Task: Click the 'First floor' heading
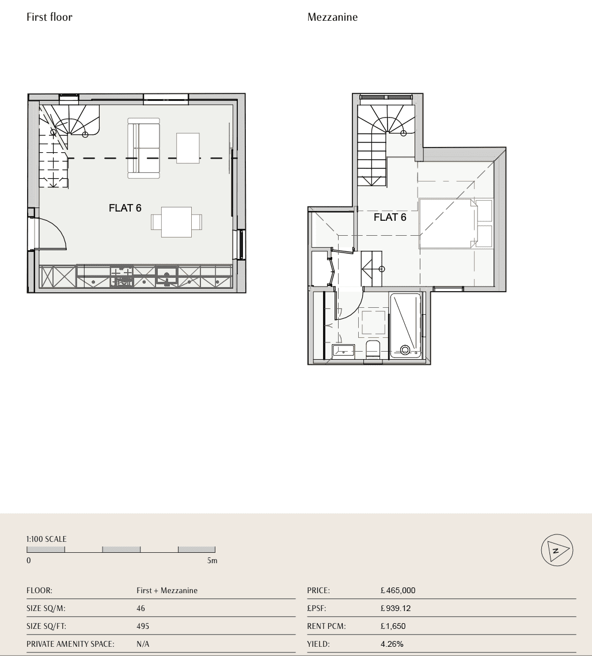50,17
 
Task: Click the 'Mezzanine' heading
332,17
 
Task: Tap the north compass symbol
557,550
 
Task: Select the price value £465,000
398,590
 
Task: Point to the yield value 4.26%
392,644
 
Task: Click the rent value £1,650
393,626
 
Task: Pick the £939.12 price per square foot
396,608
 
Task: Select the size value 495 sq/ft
143,626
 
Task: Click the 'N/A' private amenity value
143,644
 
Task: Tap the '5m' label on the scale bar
212,561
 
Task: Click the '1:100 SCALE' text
47,539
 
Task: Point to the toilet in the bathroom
373,349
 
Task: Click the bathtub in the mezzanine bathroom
405,326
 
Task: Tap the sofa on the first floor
144,148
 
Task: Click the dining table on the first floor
176,222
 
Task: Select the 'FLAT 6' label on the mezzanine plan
390,217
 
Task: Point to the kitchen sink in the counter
167,276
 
